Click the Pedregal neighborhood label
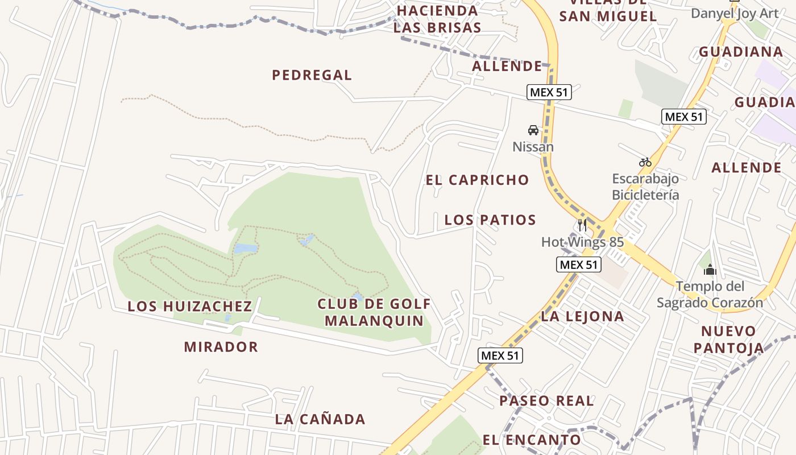312,75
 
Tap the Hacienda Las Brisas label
437,19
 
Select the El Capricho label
477,180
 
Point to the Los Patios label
490,220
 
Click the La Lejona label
582,316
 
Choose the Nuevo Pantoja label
728,340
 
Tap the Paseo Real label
546,400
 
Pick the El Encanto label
532,440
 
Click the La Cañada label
320,419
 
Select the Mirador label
221,346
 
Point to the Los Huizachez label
189,306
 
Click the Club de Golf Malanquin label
374,312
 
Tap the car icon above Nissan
533,130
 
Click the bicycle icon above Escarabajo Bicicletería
645,162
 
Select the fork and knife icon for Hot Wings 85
582,225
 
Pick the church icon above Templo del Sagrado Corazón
710,270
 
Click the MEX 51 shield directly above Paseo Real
500,355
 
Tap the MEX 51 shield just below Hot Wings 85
578,264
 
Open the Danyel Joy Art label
734,14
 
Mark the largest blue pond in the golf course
245,249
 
